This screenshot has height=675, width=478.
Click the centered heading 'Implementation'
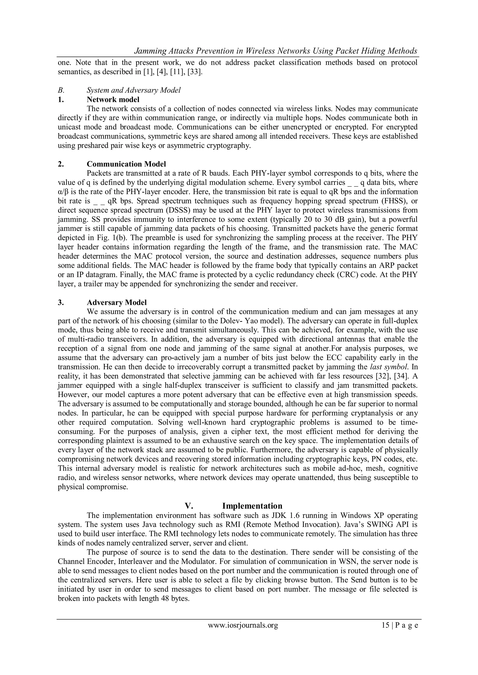[x=252, y=506]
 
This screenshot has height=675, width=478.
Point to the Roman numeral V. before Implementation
[x=189, y=506]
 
